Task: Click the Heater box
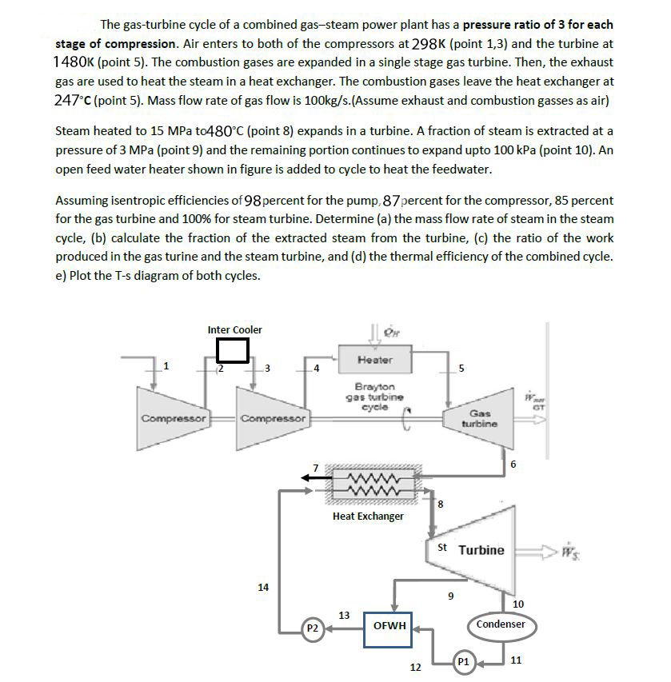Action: tap(375, 361)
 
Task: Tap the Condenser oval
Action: tap(501, 624)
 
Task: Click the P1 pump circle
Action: tap(463, 662)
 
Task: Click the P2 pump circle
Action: tap(314, 629)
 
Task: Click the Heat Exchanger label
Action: tap(369, 516)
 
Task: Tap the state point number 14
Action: tap(263, 588)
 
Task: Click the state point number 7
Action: tap(316, 467)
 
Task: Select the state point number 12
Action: tap(415, 667)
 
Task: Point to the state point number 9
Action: tap(451, 595)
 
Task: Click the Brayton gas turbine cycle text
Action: tap(374, 397)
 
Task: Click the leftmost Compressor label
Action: tap(174, 418)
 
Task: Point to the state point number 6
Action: tap(513, 465)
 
